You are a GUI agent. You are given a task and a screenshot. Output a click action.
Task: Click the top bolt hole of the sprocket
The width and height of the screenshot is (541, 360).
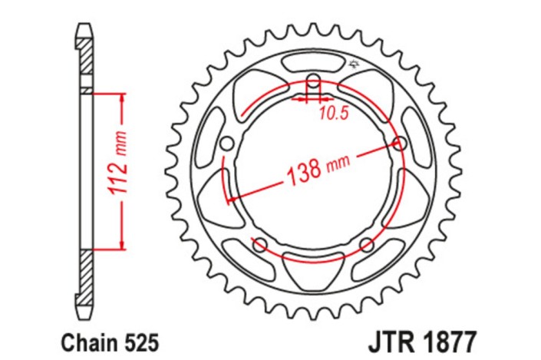tap(313, 81)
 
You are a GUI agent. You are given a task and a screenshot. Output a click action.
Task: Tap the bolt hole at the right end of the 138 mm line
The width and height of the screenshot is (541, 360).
tap(399, 143)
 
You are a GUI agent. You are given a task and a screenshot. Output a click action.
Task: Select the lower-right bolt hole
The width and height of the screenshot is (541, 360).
tap(366, 245)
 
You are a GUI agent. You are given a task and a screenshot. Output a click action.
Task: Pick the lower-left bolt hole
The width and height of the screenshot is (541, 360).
tap(259, 245)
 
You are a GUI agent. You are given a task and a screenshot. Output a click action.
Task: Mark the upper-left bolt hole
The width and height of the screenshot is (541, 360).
tap(226, 144)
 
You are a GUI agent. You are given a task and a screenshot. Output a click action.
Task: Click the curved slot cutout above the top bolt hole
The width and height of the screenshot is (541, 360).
tap(313, 61)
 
